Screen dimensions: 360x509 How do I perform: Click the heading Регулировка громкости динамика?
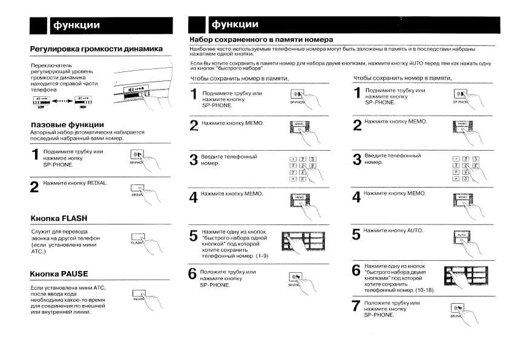click(96, 48)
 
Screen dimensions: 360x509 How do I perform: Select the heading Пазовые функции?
click(71, 125)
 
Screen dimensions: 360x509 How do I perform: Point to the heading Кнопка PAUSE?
click(59, 273)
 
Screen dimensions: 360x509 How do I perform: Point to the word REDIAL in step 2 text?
click(97, 183)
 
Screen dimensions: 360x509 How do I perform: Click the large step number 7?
click(357, 306)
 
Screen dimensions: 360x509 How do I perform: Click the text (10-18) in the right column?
click(429, 290)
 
